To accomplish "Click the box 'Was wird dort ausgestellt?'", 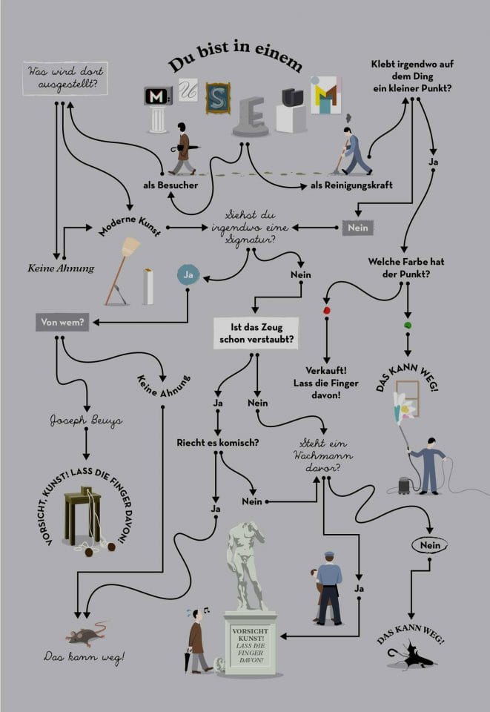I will click(65, 79).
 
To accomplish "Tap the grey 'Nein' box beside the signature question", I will click(358, 228).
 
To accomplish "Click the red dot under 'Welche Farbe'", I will click(326, 310).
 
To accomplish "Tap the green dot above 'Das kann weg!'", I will click(407, 325).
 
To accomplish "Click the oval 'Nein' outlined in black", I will click(430, 546).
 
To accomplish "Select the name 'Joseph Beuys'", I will click(86, 421).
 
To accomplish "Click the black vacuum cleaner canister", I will click(405, 485).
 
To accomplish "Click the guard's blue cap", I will click(329, 555).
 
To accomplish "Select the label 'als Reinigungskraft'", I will click(341, 185).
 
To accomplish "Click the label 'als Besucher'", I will click(170, 185).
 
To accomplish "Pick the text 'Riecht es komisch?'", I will click(217, 443).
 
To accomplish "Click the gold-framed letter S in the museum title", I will click(218, 98).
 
